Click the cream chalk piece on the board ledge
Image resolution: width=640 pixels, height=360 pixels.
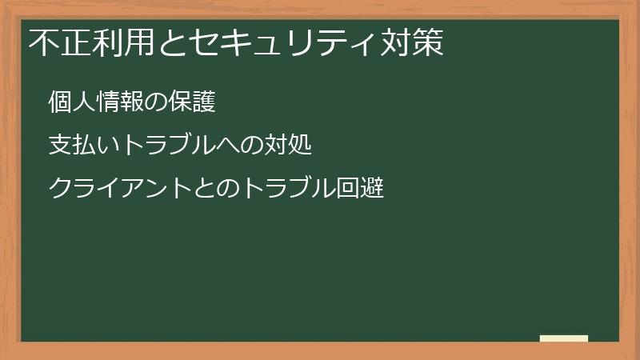point(563,338)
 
